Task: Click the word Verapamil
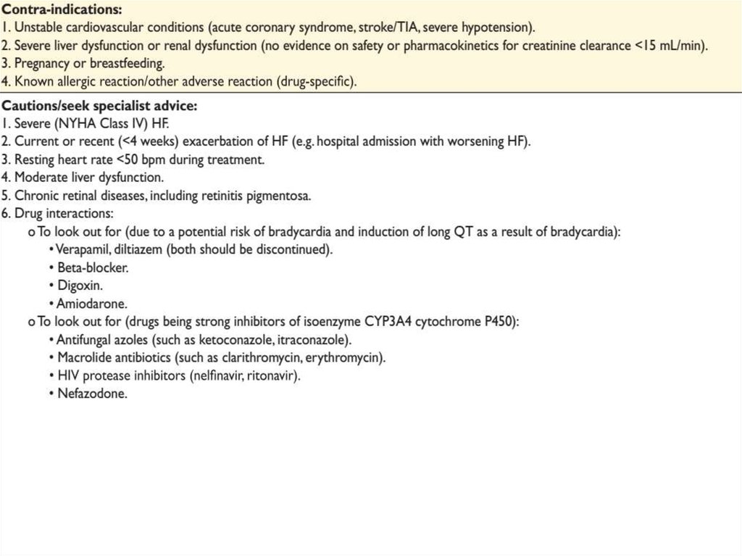[82, 249]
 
